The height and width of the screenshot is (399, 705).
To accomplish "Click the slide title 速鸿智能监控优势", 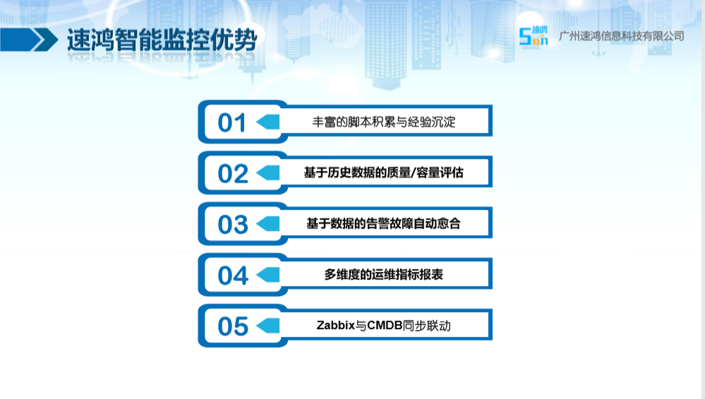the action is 162,40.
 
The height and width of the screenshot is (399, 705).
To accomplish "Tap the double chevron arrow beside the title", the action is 29,40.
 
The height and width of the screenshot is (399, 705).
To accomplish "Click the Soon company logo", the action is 534,36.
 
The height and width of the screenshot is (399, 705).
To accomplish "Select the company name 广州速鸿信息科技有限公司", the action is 621,36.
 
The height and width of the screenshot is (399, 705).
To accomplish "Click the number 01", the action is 232,122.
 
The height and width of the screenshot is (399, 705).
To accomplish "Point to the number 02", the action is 233,174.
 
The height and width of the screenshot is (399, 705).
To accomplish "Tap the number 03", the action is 233,225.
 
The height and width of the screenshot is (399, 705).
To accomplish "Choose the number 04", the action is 233,275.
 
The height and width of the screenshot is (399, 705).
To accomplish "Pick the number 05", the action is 233,326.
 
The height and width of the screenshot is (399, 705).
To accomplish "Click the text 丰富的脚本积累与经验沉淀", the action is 384,122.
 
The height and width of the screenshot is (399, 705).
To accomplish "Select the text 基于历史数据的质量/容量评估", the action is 383,172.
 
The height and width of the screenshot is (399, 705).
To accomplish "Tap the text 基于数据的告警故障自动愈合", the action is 383,223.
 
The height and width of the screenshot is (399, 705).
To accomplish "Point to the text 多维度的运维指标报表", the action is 383,275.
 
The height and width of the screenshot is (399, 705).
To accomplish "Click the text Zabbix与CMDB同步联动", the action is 383,326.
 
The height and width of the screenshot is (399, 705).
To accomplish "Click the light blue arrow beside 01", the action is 268,122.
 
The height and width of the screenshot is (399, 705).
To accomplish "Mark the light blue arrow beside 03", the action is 268,224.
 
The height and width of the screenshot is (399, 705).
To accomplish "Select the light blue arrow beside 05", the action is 268,326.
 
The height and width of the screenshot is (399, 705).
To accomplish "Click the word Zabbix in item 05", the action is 336,326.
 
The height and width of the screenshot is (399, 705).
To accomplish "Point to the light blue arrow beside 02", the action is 268,173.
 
